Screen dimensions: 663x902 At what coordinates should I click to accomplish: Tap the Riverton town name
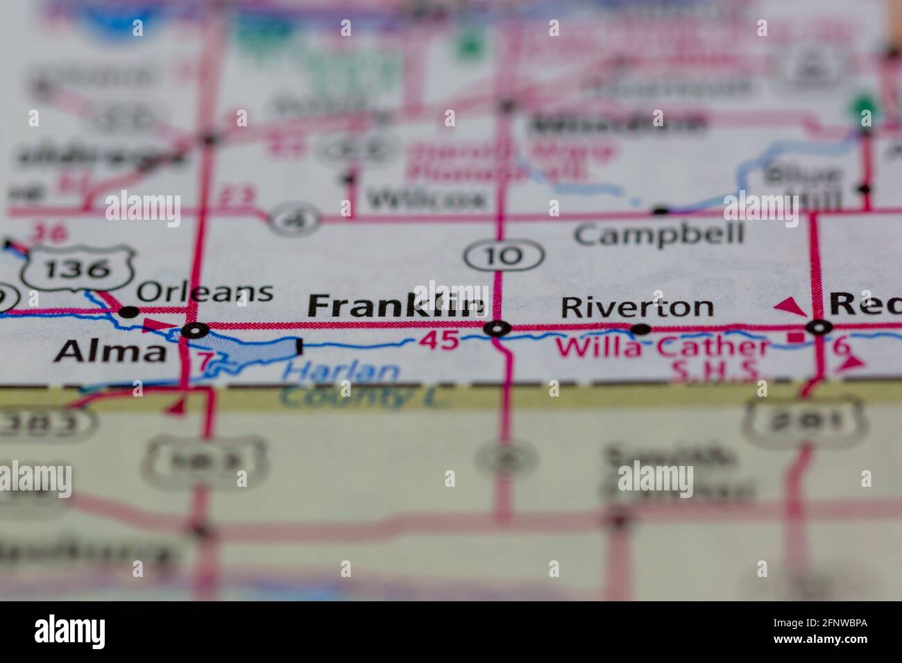[x=636, y=306]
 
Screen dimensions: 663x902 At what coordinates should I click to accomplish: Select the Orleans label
[x=205, y=292]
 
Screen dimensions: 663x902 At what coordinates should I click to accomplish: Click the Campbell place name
[x=659, y=234]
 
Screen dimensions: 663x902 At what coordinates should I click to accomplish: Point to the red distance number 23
[x=235, y=198]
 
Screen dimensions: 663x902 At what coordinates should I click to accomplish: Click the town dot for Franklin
[x=497, y=328]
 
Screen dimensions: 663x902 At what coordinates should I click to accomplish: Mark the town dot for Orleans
[x=128, y=312]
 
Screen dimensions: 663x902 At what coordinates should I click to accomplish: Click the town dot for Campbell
[x=661, y=209]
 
